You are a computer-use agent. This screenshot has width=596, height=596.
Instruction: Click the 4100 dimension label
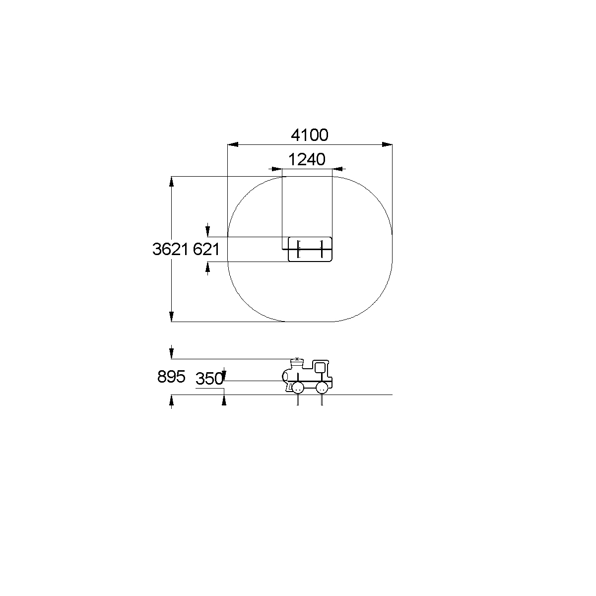point(309,135)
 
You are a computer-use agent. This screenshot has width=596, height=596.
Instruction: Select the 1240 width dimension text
point(307,160)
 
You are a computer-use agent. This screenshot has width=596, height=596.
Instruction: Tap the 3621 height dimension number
point(170,249)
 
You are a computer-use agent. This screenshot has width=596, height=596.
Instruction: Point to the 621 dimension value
point(206,249)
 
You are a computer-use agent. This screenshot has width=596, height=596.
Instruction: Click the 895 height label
point(171,377)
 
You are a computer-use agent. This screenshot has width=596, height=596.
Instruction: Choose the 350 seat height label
point(209,379)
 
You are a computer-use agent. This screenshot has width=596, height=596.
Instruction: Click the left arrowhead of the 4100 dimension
point(233,144)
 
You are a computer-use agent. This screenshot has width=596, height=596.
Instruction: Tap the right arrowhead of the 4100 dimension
point(387,144)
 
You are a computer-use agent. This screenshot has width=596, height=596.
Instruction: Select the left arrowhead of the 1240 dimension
point(277,169)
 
